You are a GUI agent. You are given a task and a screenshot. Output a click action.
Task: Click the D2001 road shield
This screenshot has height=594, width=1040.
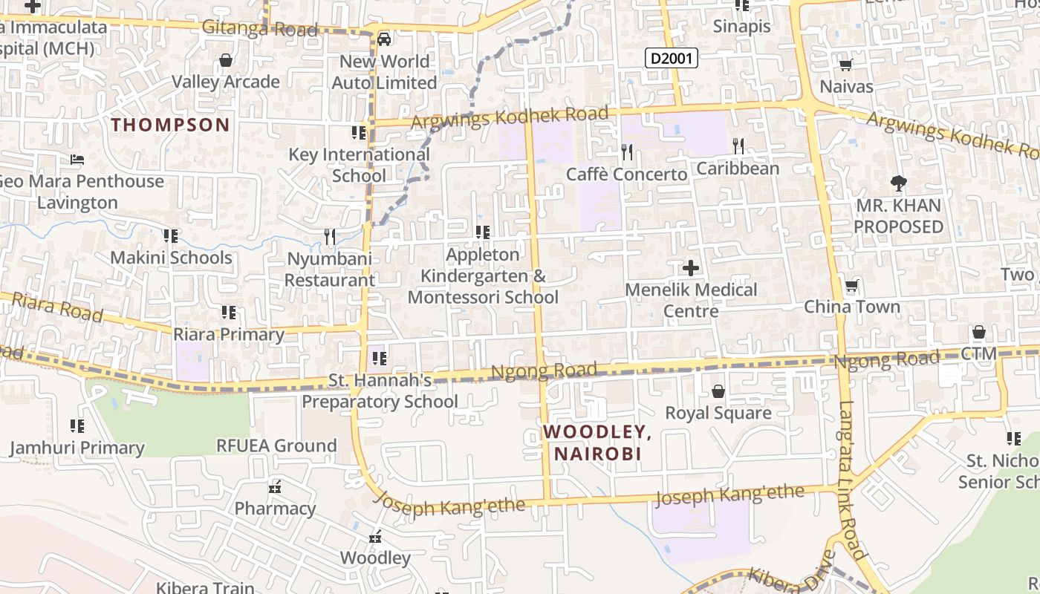click(x=671, y=58)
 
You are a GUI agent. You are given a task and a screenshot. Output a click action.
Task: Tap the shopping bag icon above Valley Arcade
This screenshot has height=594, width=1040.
click(x=226, y=60)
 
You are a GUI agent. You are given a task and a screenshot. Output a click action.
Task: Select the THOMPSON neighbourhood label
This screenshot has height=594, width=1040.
click(x=171, y=125)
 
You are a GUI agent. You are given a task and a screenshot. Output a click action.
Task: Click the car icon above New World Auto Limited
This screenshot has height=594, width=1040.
click(x=384, y=39)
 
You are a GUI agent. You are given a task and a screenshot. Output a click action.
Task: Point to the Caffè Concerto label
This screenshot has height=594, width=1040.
click(x=626, y=174)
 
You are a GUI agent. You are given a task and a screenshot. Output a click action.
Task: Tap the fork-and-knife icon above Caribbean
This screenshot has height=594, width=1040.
click(x=738, y=146)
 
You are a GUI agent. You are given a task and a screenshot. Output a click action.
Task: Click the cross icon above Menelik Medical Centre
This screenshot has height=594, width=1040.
click(x=691, y=268)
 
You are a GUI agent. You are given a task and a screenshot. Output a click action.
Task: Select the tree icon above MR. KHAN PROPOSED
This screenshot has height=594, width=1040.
click(x=899, y=183)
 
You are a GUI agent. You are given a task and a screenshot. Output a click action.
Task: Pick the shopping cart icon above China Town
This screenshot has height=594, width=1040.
click(x=851, y=286)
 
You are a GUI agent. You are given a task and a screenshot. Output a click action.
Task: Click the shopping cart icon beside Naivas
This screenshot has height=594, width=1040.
click(x=845, y=65)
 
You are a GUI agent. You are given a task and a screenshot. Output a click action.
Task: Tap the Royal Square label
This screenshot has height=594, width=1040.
click(x=718, y=413)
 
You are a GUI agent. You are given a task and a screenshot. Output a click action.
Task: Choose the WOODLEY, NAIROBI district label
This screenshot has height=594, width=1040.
click(x=592, y=443)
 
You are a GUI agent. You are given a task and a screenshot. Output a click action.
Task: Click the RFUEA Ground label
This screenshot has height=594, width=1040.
click(x=276, y=446)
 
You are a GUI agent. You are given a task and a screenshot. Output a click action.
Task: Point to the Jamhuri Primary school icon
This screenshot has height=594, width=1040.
click(x=77, y=426)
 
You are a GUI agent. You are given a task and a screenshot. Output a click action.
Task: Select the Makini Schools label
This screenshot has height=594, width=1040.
click(x=171, y=258)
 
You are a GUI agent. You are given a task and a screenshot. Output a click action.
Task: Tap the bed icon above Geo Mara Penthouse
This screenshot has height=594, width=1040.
click(x=77, y=160)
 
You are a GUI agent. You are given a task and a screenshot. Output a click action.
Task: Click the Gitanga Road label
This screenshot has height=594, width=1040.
click(x=260, y=29)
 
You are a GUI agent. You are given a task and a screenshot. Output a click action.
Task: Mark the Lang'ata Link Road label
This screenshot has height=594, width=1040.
click(x=853, y=479)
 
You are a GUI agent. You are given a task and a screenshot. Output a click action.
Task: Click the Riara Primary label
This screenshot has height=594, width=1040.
click(x=229, y=334)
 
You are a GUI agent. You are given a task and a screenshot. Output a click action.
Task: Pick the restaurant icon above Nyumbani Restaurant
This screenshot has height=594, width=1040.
click(x=330, y=237)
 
